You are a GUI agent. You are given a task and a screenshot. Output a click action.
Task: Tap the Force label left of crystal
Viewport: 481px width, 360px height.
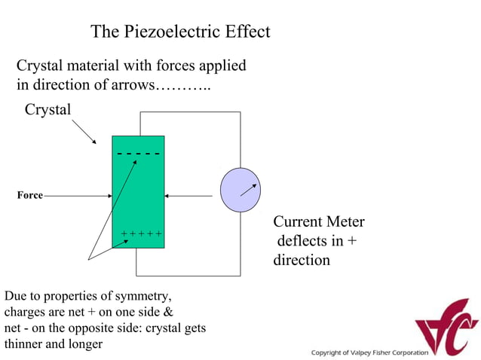click(x=29, y=196)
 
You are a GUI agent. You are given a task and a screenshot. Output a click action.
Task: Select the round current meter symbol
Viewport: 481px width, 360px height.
click(x=240, y=191)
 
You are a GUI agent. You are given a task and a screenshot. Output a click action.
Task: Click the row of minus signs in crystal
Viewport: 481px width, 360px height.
click(x=138, y=154)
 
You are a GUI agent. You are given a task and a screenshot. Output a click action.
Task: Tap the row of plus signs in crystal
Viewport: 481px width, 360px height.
click(x=142, y=234)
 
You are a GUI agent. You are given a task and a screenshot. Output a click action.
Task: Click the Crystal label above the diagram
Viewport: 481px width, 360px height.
click(x=48, y=110)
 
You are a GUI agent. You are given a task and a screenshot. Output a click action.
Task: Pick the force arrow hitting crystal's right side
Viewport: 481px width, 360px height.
click(x=188, y=197)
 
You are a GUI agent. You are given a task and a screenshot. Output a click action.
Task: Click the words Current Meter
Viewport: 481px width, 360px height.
click(x=318, y=222)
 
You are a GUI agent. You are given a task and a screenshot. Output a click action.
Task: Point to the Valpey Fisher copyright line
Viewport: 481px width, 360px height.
click(x=369, y=352)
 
